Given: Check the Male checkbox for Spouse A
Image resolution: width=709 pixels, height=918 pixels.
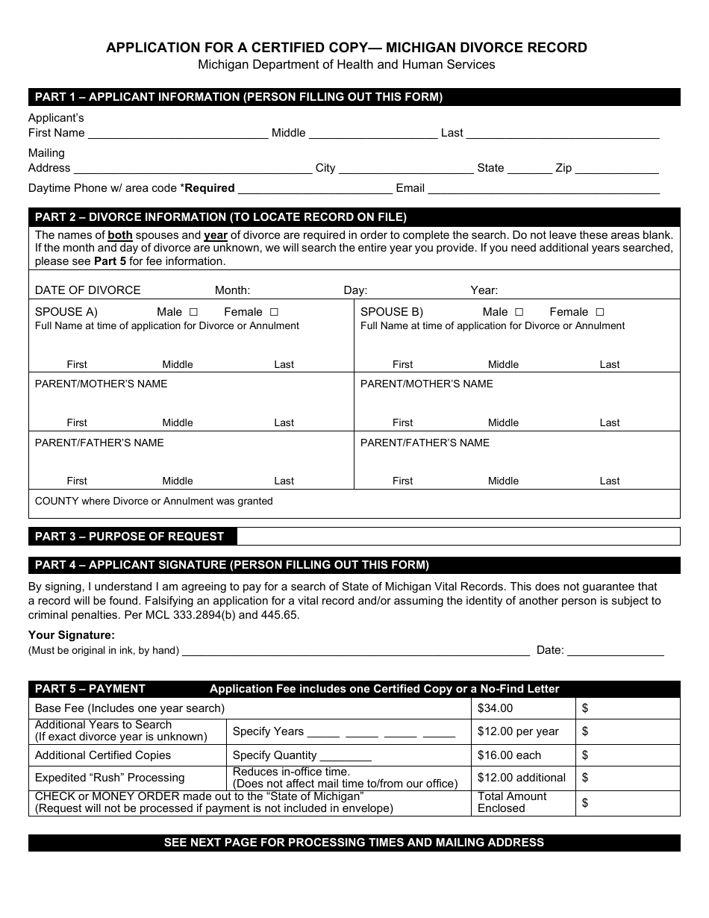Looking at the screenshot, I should (193, 312).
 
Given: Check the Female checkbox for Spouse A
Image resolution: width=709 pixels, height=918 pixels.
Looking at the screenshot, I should (274, 312).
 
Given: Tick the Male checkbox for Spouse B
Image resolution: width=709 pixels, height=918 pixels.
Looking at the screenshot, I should (519, 312).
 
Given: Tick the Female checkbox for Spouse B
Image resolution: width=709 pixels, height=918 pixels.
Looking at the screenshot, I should (599, 312).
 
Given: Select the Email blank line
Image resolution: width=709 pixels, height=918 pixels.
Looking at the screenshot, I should (543, 190).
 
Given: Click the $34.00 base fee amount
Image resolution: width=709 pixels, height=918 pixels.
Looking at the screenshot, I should (496, 708).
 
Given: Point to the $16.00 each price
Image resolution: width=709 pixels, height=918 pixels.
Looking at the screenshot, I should (509, 755).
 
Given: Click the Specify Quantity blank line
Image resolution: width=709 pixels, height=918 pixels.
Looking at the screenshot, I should (346, 757).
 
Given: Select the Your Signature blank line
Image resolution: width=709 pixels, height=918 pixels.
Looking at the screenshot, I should (356, 652).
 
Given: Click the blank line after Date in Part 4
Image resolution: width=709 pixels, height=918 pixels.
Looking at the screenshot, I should (616, 652).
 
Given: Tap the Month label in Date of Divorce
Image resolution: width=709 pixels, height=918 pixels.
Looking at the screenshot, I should (232, 290).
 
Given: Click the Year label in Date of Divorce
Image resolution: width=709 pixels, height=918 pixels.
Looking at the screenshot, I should (484, 290).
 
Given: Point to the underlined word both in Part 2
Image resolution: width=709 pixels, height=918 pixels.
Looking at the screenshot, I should (120, 234).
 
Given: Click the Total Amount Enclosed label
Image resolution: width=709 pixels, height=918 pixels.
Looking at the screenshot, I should (512, 802).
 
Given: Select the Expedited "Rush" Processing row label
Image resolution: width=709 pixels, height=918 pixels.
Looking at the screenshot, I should (110, 777).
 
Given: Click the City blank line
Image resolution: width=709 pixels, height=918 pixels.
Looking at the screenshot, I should (406, 169).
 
